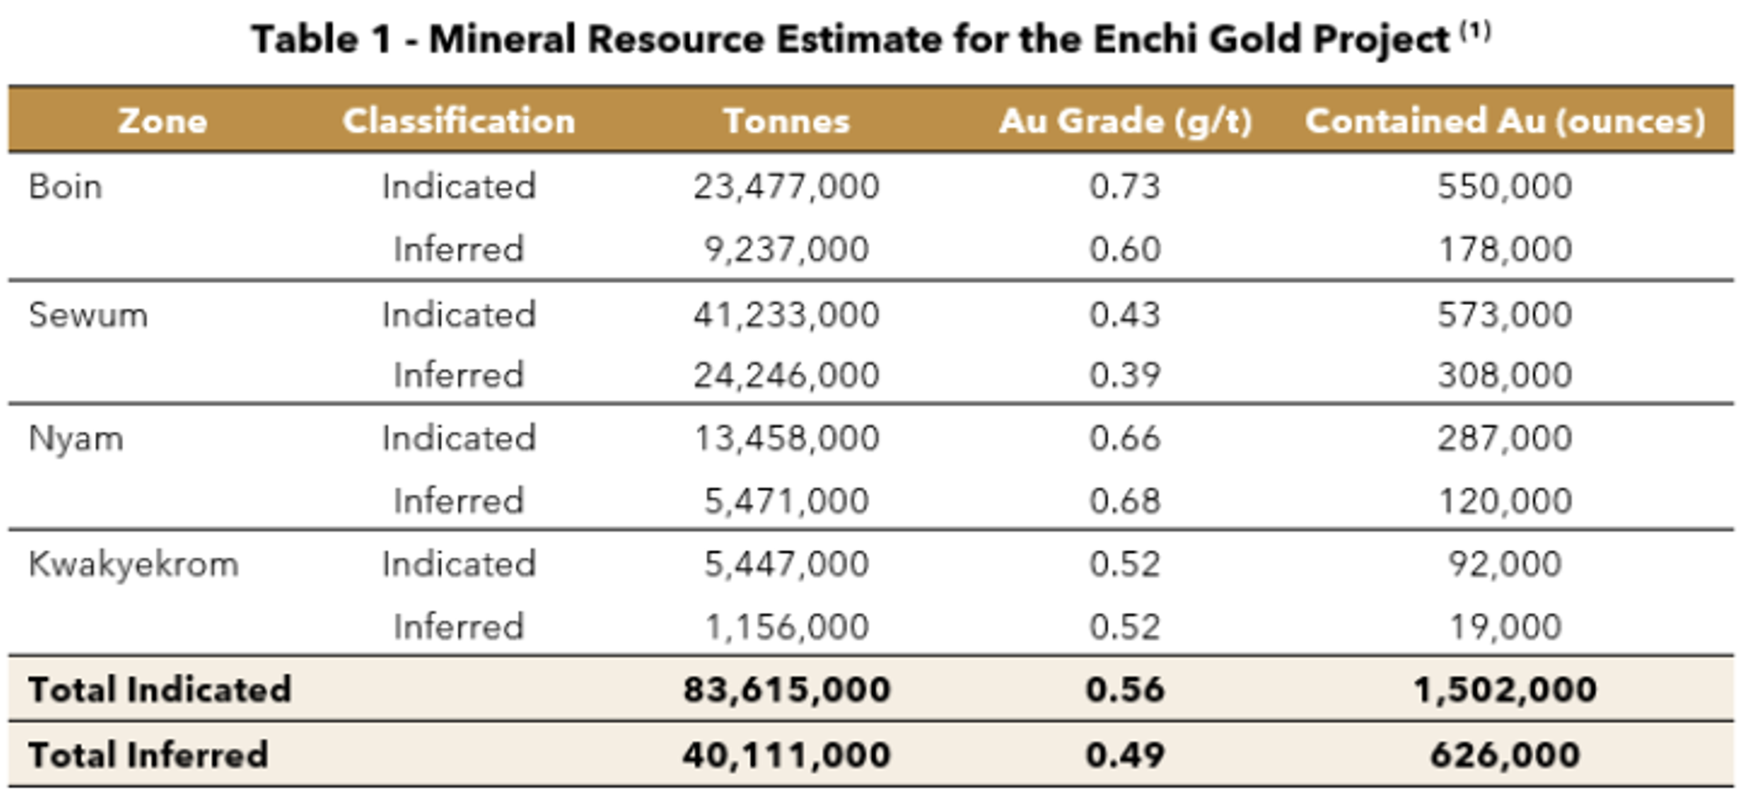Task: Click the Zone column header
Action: click(163, 121)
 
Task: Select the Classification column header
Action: click(459, 121)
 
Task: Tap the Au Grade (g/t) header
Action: click(1126, 121)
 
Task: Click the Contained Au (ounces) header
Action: click(1505, 121)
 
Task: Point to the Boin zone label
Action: click(66, 186)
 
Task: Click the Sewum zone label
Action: click(88, 315)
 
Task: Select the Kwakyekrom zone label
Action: click(134, 564)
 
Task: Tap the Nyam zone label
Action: click(76, 438)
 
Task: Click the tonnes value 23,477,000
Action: click(786, 186)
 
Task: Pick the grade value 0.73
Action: click(1125, 186)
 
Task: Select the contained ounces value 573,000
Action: click(1505, 315)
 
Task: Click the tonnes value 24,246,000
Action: click(786, 375)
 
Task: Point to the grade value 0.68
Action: click(1125, 501)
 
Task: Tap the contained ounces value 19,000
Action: click(1505, 627)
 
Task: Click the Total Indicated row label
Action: click(160, 690)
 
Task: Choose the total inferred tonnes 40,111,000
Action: click(786, 755)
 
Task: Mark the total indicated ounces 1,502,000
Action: click(1505, 690)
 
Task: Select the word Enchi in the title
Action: click(1149, 39)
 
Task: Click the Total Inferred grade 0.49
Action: click(1125, 755)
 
